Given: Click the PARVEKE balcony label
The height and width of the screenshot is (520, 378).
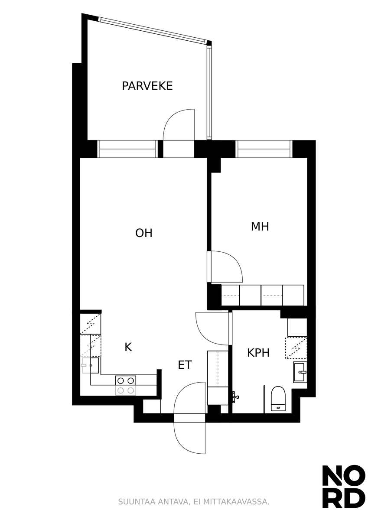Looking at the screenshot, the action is tap(147, 86).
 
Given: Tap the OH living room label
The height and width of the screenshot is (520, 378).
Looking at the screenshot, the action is tap(144, 233).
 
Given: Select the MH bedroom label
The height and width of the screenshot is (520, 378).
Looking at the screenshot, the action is tap(260, 227).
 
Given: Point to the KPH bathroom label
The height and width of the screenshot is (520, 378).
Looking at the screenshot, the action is tap(258, 353).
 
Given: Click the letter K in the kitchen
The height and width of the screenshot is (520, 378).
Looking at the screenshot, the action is tap(128, 347).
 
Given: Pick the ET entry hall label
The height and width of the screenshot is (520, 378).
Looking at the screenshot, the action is tap(185, 365).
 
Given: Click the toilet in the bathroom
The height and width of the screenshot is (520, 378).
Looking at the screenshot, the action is tap(278, 399).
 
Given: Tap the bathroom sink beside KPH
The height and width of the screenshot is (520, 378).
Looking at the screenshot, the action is tap(300, 372).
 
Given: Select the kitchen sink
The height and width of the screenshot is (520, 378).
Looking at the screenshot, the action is tap(91, 365).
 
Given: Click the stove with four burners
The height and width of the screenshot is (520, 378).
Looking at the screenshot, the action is tap(126, 386).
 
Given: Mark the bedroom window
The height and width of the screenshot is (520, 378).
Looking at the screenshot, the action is tap(264, 149).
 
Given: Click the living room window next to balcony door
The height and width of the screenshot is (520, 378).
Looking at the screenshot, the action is tap(127, 149).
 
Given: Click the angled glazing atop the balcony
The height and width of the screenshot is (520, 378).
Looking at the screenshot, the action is tap(153, 30).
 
